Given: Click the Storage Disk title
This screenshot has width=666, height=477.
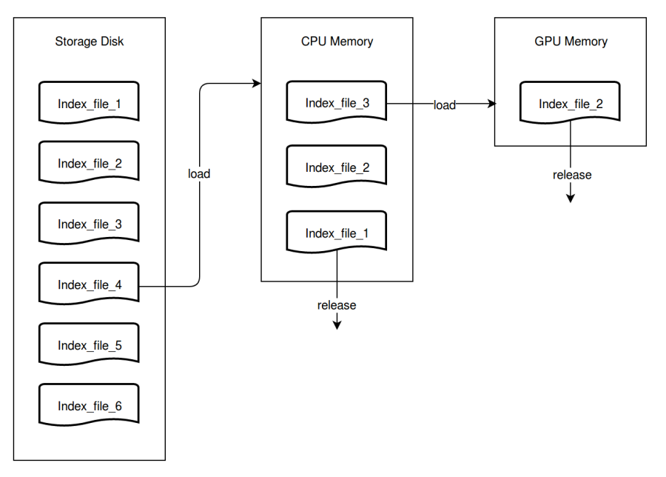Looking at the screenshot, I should pos(89,41).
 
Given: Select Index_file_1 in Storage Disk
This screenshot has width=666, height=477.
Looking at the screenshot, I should pos(89,103).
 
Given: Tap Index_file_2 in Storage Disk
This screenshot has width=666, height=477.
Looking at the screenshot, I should pos(89,163).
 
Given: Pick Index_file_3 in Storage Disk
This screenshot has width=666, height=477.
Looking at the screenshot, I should pos(89,224).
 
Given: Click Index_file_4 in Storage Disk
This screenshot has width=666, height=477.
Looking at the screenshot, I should pos(89,284).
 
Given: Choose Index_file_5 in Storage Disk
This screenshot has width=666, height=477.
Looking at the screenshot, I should pos(89,345).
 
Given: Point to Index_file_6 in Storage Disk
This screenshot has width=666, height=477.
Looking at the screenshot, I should pos(89,406).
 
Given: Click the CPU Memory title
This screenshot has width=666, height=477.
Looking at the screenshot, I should pos(337,41).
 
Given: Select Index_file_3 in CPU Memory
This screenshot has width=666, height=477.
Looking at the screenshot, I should pos(337,103).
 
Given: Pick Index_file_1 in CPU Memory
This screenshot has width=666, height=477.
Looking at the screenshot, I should pos(337,233).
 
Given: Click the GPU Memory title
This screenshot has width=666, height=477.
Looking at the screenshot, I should pos(571,41).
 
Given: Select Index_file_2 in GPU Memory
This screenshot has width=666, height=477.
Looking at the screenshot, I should pos(571,104).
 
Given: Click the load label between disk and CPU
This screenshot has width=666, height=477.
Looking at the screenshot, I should pos(198,174).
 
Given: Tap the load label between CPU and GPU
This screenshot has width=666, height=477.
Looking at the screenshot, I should pos(444,105).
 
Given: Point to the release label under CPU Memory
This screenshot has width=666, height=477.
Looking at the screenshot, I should pos(337,305).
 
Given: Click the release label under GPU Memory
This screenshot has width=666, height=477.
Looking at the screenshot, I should pos(572,175).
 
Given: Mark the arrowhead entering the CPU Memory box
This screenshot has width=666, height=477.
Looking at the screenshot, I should pos(257,84).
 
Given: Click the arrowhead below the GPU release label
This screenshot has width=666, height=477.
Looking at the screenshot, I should pos(571,198).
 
